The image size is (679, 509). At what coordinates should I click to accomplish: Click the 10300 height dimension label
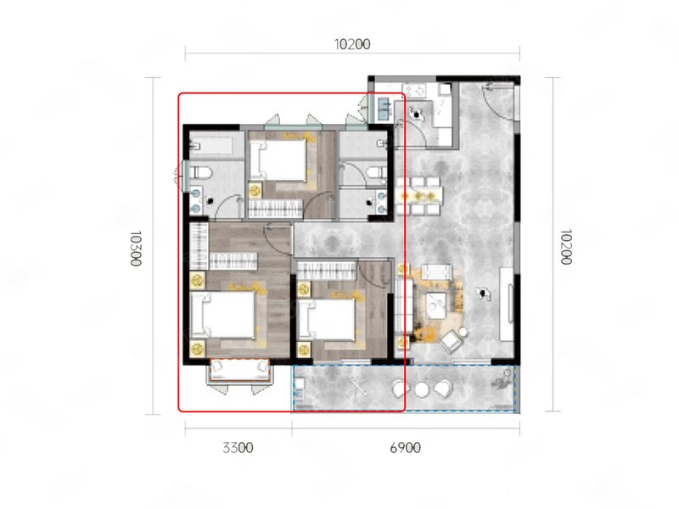(136, 249)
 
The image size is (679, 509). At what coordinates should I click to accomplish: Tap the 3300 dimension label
(238, 448)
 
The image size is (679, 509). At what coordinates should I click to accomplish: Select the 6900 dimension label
(406, 448)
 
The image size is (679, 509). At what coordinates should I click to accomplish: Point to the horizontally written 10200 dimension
(352, 44)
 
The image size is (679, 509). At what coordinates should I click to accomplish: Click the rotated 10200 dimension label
(565, 247)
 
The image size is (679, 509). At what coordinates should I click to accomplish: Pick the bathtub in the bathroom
(211, 145)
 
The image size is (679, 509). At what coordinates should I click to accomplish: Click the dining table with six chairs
(418, 196)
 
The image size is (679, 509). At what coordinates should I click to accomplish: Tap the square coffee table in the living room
(435, 305)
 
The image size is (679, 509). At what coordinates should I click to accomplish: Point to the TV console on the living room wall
(507, 305)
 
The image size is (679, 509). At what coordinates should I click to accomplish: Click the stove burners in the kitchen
(418, 91)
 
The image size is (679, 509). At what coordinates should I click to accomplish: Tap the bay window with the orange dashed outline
(240, 371)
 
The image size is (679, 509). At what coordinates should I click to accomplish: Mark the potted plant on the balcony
(502, 378)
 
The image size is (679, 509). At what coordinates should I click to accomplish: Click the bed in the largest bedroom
(222, 314)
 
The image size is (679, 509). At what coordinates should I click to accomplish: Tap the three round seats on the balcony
(422, 389)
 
